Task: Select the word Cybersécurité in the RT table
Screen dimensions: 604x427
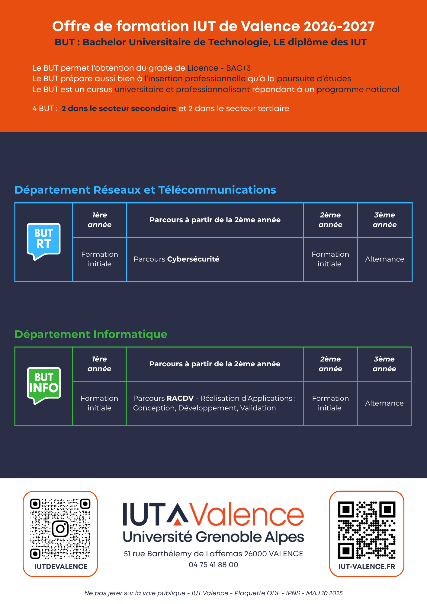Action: pos(193,259)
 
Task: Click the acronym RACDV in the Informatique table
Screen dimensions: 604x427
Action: pos(180,398)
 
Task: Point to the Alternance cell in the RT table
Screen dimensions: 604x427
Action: pos(384,259)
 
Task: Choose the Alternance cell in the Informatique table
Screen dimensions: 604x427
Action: pos(384,403)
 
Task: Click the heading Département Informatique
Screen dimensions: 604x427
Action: pos(91,334)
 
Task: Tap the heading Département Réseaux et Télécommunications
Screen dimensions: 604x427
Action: pos(145,190)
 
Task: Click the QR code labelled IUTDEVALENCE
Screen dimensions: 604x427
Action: pos(60,528)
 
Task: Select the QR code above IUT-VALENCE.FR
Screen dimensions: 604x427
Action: pos(367,530)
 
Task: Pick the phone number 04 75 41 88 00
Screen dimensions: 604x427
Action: pos(213,565)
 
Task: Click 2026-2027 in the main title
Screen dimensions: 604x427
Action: pos(339,27)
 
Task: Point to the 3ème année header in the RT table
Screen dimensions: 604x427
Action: pos(384,220)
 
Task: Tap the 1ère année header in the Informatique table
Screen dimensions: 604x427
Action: pos(99,364)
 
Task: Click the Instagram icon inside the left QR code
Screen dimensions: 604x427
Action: pos(60,528)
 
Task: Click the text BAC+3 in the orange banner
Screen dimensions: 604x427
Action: pos(238,68)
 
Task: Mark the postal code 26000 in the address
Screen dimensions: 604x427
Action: pos(255,554)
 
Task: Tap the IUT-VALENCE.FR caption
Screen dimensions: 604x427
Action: pos(367,567)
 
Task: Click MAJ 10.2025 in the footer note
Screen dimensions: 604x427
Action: pos(324,593)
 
